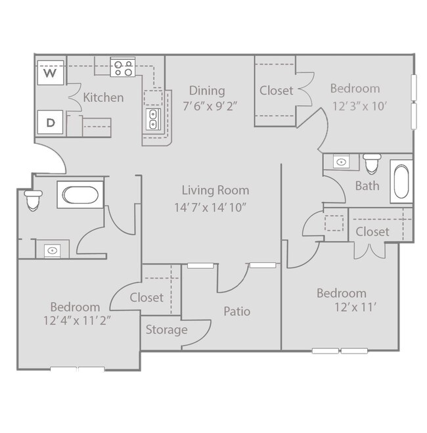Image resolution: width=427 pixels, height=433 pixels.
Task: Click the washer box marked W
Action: (x=50, y=72)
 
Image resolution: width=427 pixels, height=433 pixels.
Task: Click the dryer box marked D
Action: (x=50, y=121)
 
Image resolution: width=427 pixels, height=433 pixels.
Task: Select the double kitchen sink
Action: (x=152, y=120)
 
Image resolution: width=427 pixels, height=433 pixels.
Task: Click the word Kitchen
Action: (x=103, y=98)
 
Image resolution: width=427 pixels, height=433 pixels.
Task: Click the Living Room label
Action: (x=215, y=191)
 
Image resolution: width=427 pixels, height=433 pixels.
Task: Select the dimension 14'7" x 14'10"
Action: (x=215, y=207)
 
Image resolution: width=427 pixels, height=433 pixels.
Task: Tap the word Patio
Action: (x=236, y=311)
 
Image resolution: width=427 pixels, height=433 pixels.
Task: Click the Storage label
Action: (x=166, y=330)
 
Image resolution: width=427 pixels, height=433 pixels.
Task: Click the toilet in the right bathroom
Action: (x=372, y=162)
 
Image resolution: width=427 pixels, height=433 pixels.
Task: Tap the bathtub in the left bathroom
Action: (x=78, y=194)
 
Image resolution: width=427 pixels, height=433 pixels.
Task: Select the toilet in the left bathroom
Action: (x=32, y=200)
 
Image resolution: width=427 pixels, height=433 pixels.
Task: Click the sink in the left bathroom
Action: (x=52, y=250)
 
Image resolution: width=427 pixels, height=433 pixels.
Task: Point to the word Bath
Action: (x=367, y=186)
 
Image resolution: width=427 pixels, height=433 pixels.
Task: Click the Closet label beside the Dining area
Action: (x=276, y=91)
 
